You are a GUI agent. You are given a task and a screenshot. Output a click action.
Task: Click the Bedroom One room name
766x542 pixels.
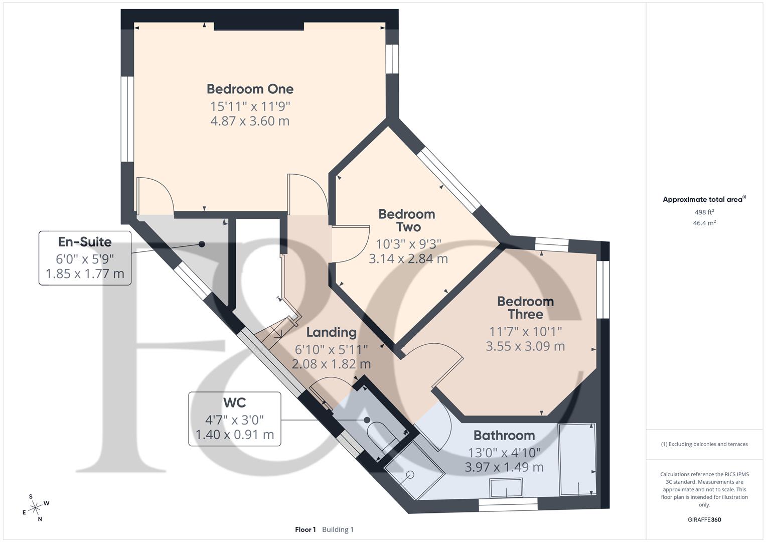(x=250, y=89)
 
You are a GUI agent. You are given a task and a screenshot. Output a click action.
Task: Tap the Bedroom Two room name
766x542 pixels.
(x=406, y=221)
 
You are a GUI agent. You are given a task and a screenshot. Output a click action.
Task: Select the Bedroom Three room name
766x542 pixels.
(x=525, y=308)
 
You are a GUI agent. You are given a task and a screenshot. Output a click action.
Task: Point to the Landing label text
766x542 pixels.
(x=331, y=332)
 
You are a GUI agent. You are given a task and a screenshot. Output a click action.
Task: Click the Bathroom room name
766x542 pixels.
(x=504, y=435)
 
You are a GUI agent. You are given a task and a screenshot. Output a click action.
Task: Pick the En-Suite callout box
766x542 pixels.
(x=85, y=258)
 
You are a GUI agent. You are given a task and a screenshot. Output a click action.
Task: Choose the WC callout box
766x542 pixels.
(x=234, y=419)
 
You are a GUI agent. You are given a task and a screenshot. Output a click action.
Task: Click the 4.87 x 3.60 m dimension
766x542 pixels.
(x=250, y=121)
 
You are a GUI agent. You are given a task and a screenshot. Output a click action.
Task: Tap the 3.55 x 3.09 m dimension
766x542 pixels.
(x=525, y=346)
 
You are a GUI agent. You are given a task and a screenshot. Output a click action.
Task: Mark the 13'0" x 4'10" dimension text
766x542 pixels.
(x=504, y=452)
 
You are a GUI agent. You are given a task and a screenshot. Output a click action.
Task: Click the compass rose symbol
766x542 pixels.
(x=35, y=508)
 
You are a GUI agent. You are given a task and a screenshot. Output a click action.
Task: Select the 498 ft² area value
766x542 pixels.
(x=704, y=212)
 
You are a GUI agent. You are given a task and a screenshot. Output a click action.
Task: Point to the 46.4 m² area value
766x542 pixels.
(x=704, y=223)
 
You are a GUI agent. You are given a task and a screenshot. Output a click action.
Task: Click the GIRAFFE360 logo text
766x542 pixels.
(x=704, y=519)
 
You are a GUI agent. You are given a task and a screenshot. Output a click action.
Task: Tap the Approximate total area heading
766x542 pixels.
(x=704, y=199)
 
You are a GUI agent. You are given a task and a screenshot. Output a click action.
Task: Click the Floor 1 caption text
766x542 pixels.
(x=305, y=529)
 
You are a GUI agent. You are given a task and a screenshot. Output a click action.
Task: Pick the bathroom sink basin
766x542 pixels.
(x=506, y=488)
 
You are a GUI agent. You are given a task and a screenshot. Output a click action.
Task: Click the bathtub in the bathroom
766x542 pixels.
(x=577, y=459)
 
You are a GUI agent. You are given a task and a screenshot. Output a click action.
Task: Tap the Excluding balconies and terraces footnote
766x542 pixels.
(x=704, y=444)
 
